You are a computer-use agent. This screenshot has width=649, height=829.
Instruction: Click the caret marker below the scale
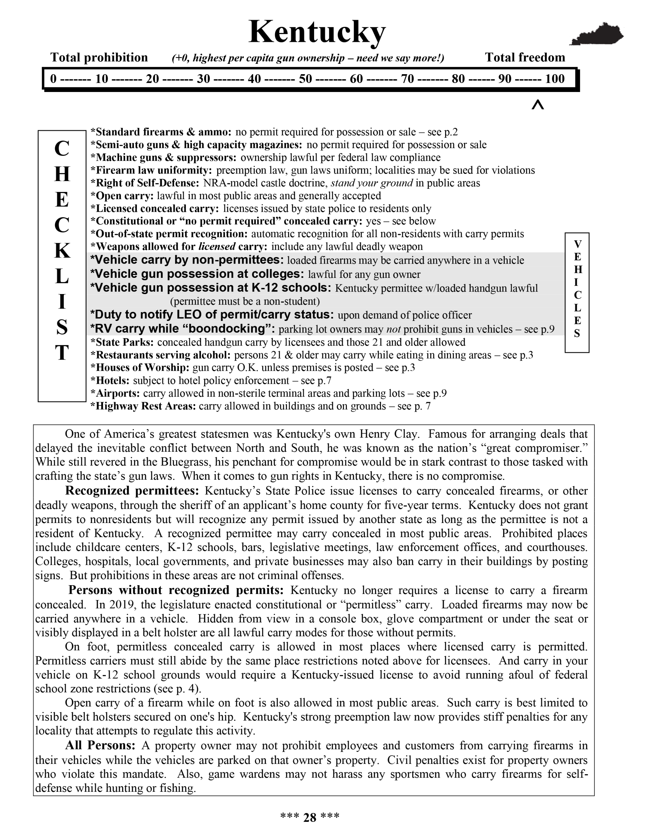click(x=538, y=105)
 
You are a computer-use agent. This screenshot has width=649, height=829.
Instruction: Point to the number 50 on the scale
click(x=305, y=79)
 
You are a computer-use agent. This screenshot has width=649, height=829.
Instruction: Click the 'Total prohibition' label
click(x=99, y=58)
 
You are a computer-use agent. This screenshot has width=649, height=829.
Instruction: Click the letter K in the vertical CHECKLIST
click(x=62, y=251)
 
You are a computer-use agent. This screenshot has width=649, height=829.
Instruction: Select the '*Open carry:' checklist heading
click(x=122, y=196)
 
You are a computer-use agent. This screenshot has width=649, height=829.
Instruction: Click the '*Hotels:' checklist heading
click(x=110, y=380)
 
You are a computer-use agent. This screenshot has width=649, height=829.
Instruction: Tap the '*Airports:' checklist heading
click(x=115, y=393)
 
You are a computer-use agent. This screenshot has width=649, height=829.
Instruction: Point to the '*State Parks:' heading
click(x=122, y=342)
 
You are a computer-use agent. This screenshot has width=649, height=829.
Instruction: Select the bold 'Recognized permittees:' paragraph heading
click(x=132, y=491)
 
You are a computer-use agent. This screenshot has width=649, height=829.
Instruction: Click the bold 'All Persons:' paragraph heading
click(x=100, y=745)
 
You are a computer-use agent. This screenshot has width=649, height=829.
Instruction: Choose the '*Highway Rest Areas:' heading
click(x=143, y=406)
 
